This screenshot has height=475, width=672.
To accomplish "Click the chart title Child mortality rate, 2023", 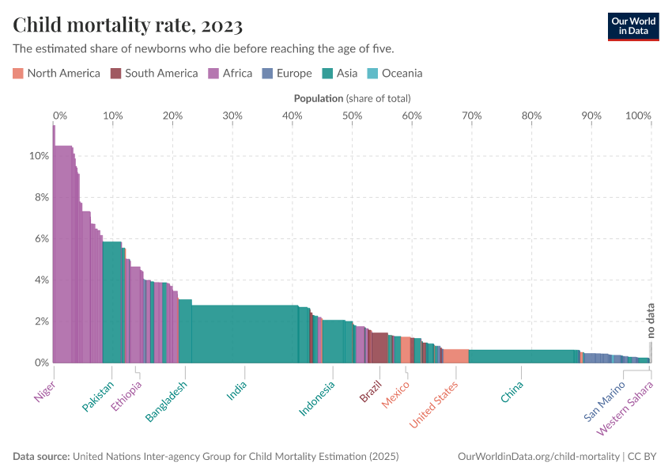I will [x=127, y=25].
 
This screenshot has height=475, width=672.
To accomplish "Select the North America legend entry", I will [x=56, y=74].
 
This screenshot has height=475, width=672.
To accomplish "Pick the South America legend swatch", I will [x=115, y=74].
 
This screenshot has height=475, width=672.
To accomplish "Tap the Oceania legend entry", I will [x=395, y=74].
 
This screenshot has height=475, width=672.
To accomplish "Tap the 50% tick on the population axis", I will [x=352, y=116].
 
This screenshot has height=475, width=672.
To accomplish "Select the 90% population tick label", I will [x=591, y=116].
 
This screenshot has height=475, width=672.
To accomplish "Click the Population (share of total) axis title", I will [x=352, y=99].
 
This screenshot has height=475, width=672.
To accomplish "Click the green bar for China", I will [x=522, y=356].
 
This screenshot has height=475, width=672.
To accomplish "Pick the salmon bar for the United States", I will [x=455, y=356].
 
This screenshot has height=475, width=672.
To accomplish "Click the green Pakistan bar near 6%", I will [x=111, y=301].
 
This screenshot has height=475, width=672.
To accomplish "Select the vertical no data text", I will [x=651, y=321].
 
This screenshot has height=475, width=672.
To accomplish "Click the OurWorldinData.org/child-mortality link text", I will [x=539, y=457].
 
